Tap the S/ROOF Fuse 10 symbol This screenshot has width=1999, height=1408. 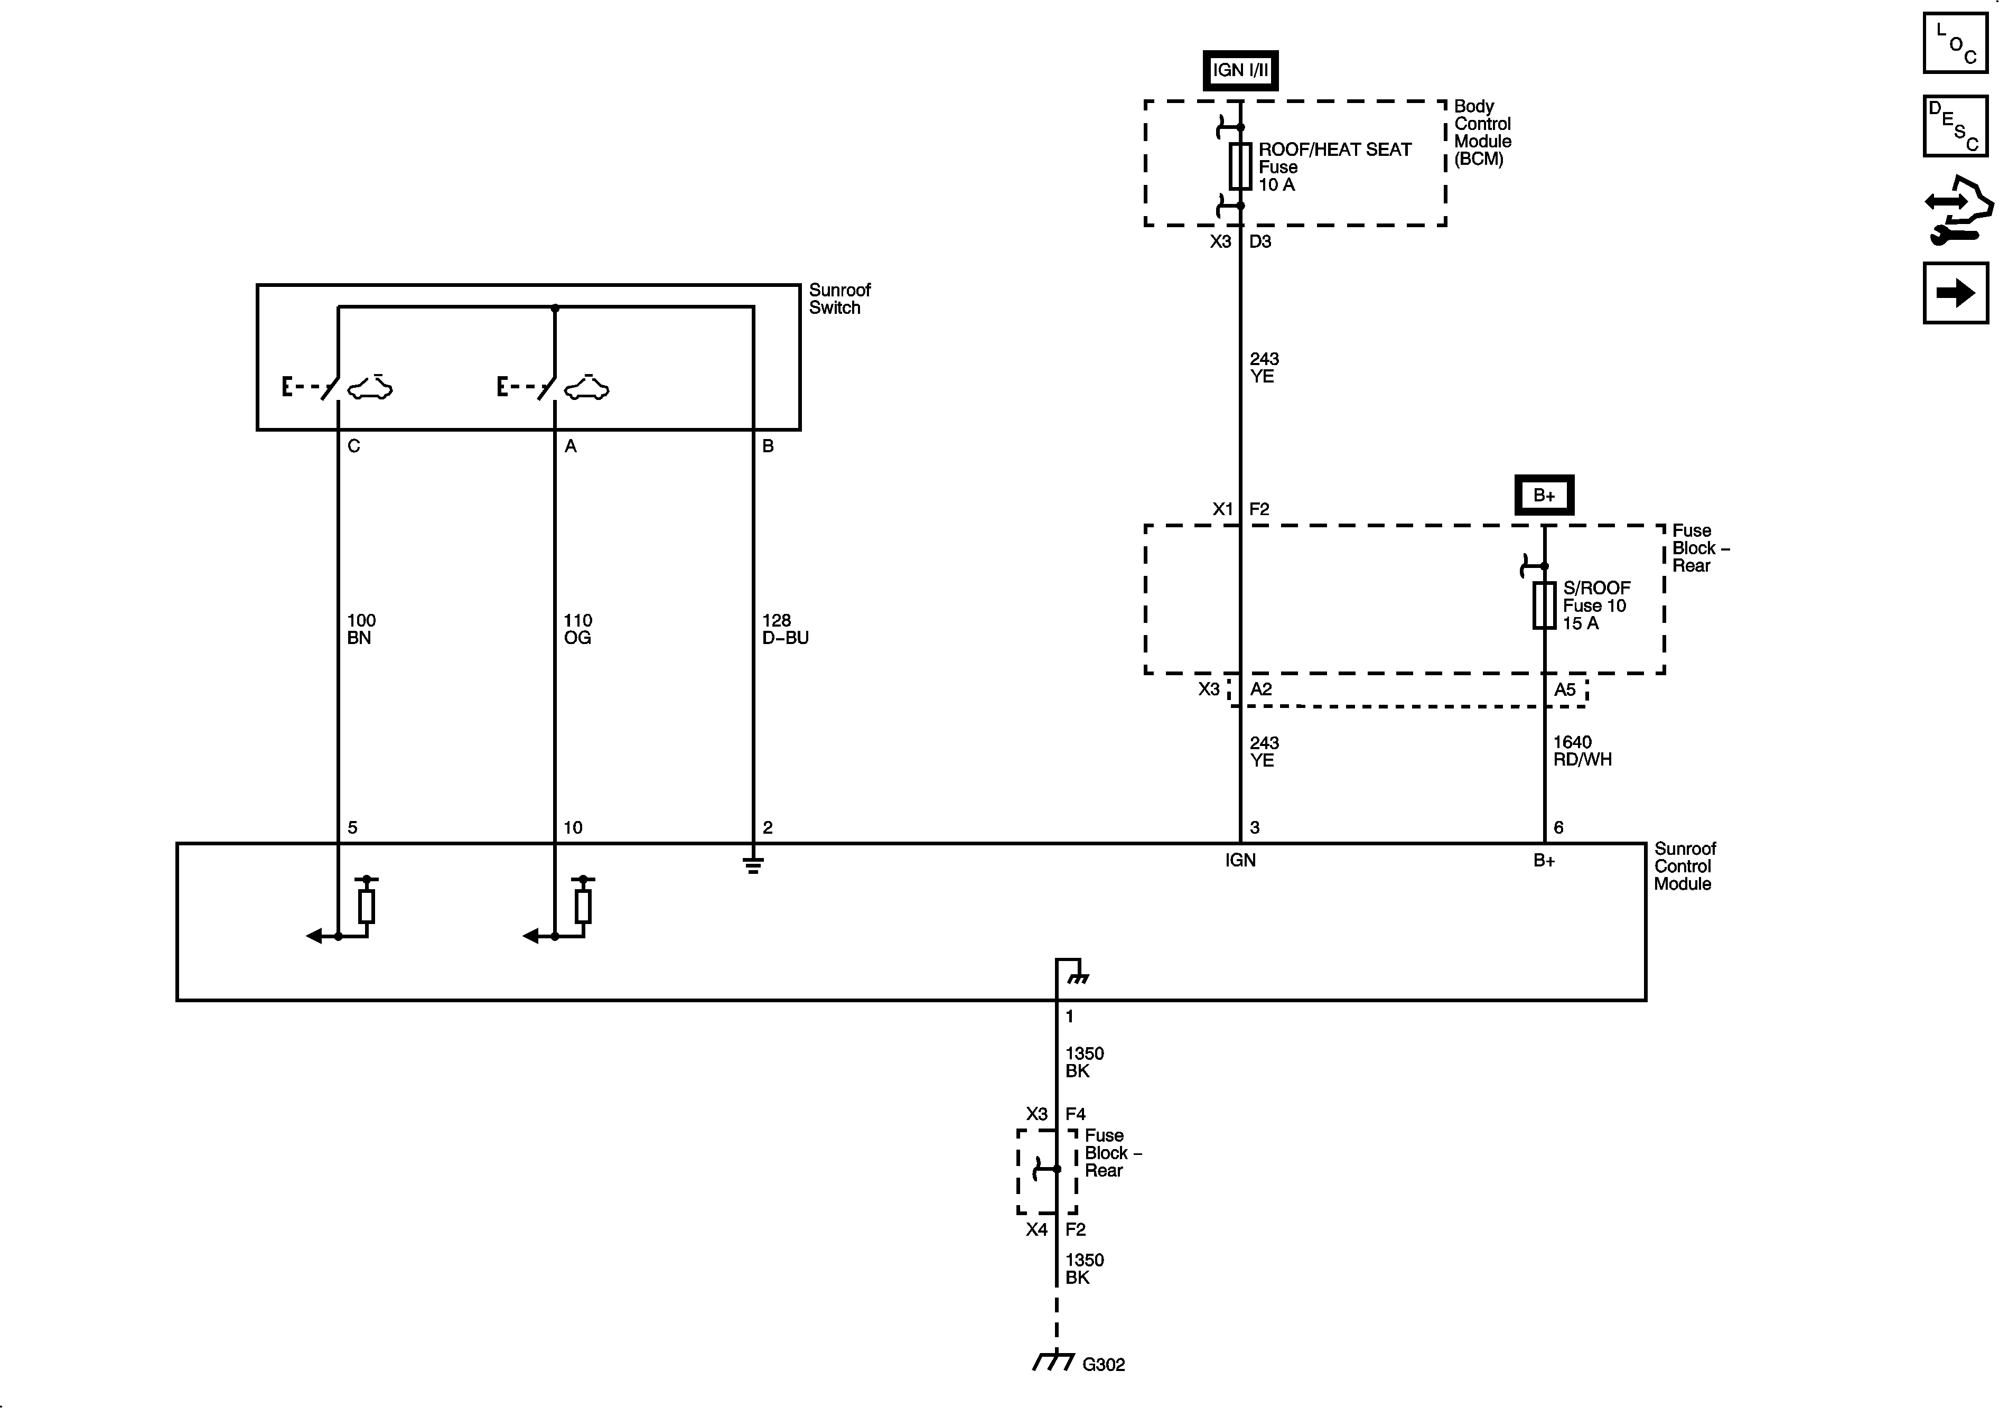[1544, 605]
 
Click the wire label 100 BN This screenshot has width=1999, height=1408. [360, 629]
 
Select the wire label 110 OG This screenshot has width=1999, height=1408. [577, 629]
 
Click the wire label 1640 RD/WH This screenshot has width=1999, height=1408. [1582, 751]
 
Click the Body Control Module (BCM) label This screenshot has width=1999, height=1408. [1482, 133]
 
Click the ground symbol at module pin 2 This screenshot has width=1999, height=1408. [753, 865]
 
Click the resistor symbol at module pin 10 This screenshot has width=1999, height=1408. [583, 906]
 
